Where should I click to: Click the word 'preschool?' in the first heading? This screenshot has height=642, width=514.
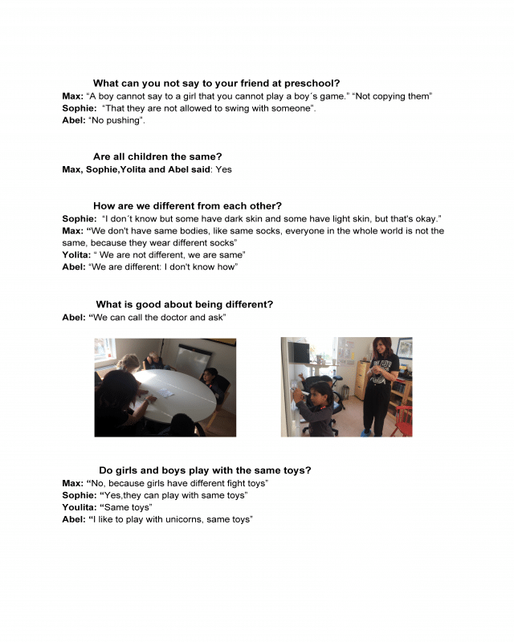pyautogui.click(x=311, y=83)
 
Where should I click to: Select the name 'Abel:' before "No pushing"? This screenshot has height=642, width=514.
pyautogui.click(x=75, y=121)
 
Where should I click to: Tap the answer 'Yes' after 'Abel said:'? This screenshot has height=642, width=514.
pyautogui.click(x=223, y=169)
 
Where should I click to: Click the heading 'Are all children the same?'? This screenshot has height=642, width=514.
pyautogui.click(x=157, y=156)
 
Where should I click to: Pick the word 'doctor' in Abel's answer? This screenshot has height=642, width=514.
pyautogui.click(x=172, y=317)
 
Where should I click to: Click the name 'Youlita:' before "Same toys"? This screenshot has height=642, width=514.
pyautogui.click(x=81, y=507)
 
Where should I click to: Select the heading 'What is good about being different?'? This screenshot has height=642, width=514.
pyautogui.click(x=184, y=304)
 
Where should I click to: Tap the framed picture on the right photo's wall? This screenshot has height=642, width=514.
pyautogui.click(x=405, y=347)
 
